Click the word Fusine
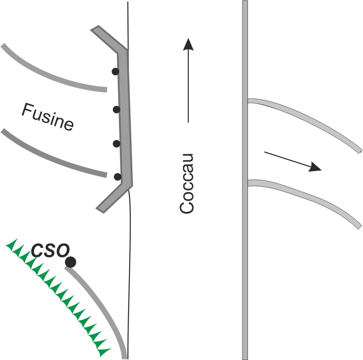[x=47, y=117]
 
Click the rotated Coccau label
[x=186, y=183]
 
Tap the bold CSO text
[x=50, y=250]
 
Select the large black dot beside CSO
[x=70, y=262]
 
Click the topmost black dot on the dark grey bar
[x=115, y=72]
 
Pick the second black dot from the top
[x=116, y=109]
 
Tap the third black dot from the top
[x=116, y=144]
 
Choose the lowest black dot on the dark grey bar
[x=118, y=177]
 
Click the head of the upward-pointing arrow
[x=188, y=44]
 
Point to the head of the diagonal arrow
[x=315, y=167]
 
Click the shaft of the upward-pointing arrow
[x=188, y=86]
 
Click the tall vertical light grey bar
[x=245, y=180]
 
